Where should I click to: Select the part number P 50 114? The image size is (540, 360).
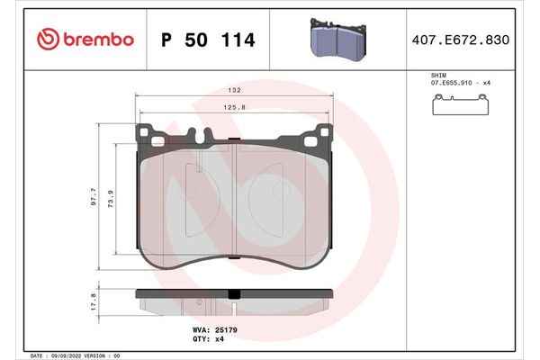[207, 40]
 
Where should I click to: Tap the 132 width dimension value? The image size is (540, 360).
[233, 91]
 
